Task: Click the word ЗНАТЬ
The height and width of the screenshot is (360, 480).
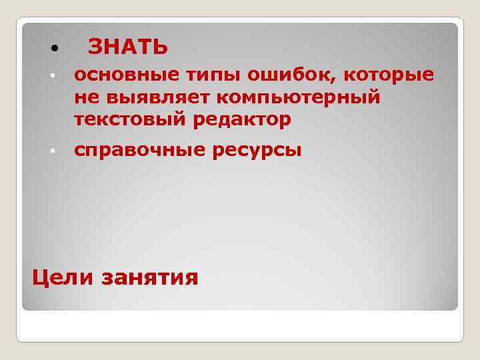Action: pos(128,47)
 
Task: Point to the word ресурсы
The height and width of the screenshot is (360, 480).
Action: pos(257,151)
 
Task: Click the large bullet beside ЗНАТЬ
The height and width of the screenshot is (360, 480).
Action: pos(53,49)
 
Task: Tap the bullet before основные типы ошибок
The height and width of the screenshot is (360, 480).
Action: pos(53,77)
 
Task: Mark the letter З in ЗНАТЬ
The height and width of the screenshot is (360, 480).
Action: pos(95,47)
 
